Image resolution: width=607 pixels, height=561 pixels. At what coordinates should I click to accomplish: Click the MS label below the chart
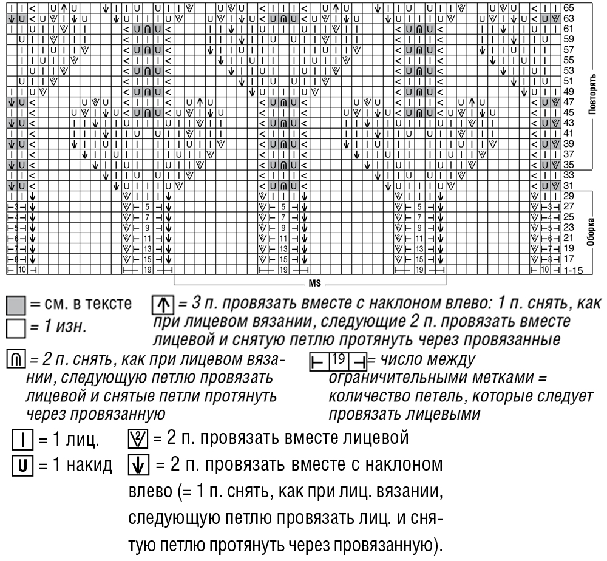314,282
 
